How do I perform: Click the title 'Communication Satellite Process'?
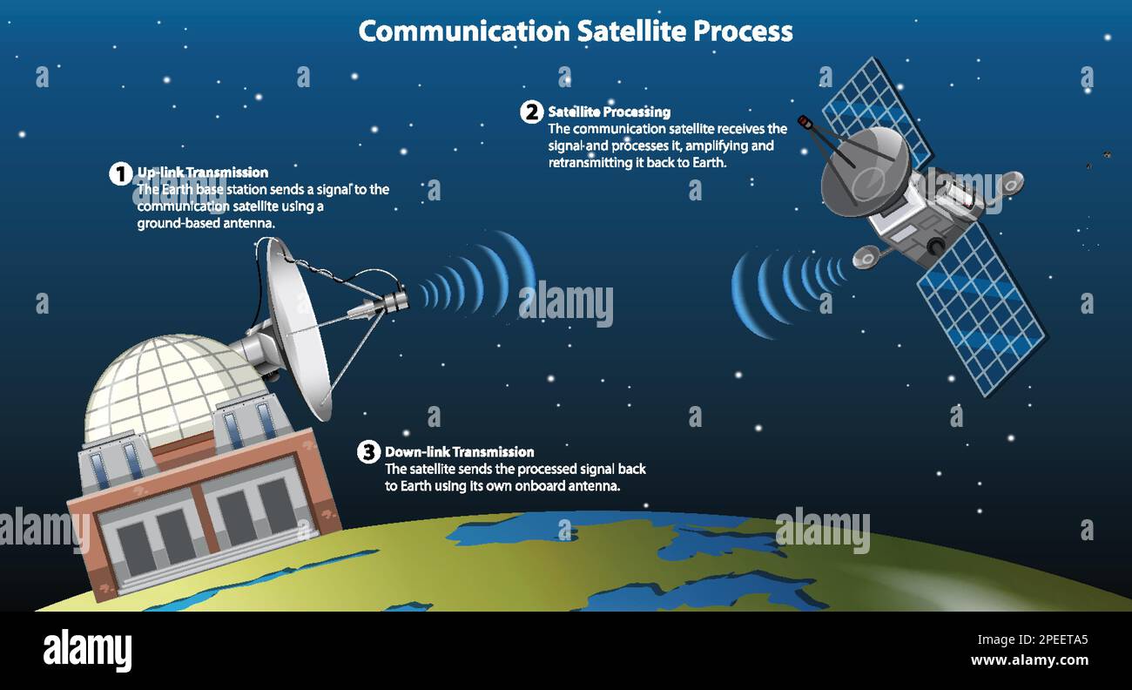pos(576,31)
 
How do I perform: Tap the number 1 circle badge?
pos(120,173)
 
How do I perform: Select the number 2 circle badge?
pos(531,112)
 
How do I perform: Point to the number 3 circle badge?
pos(368,452)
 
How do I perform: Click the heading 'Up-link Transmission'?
pos(202,172)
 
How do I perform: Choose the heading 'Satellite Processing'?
pos(609,112)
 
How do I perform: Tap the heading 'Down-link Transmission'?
pos(459,452)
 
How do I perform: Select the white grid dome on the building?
pos(165,384)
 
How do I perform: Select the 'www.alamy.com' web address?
pos(1029,660)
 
